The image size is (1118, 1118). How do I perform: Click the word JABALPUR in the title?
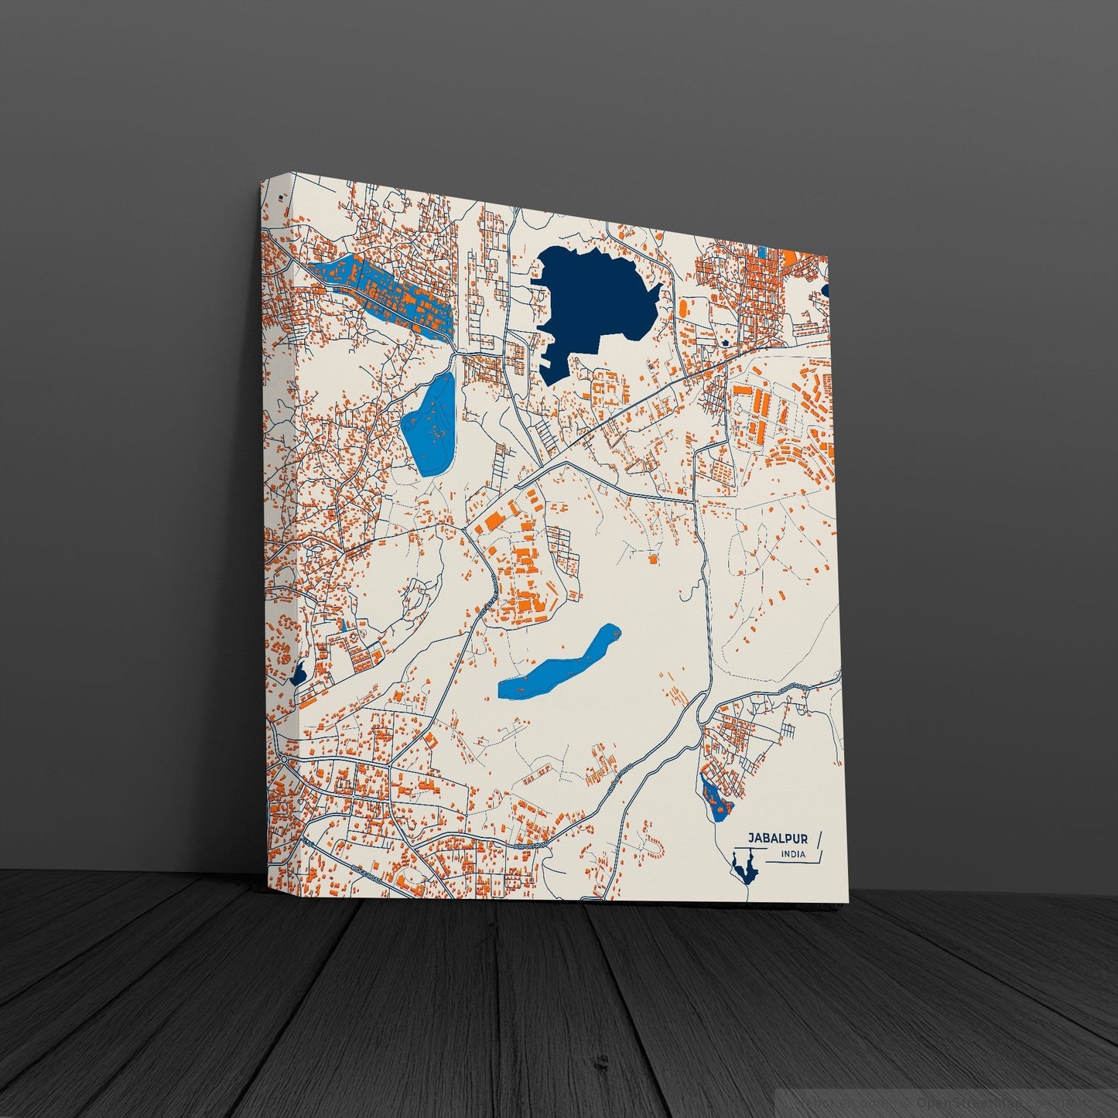pos(777,838)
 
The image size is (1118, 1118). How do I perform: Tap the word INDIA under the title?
pos(792,854)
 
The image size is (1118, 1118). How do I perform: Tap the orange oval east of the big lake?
pos(683,307)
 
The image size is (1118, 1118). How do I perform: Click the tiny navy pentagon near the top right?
pos(725,341)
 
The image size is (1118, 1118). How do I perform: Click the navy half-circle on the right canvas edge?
pos(825,290)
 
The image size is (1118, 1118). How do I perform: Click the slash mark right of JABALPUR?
pos(819,839)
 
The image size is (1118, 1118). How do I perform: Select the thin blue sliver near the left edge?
pos(341,624)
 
